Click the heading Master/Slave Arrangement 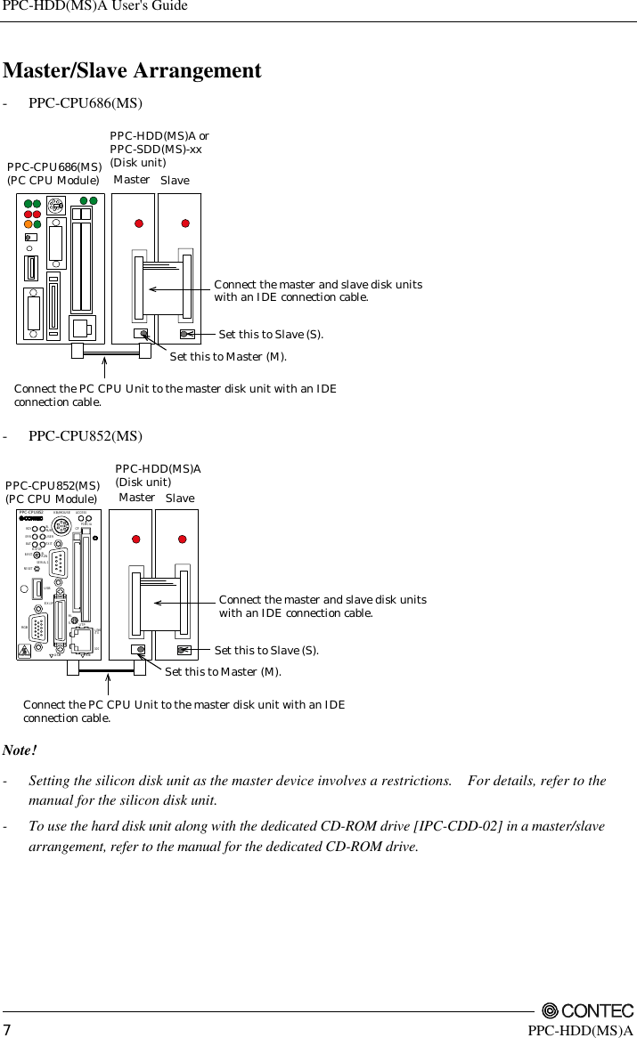133,70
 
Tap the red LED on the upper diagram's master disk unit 139,223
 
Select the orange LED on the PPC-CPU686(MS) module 28,223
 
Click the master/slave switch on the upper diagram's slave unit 187,334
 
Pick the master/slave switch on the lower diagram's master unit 139,650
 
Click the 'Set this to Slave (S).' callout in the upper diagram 272,335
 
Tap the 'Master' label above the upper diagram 132,180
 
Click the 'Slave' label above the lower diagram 180,499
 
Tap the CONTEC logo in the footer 587,1010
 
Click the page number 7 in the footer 8,1030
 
